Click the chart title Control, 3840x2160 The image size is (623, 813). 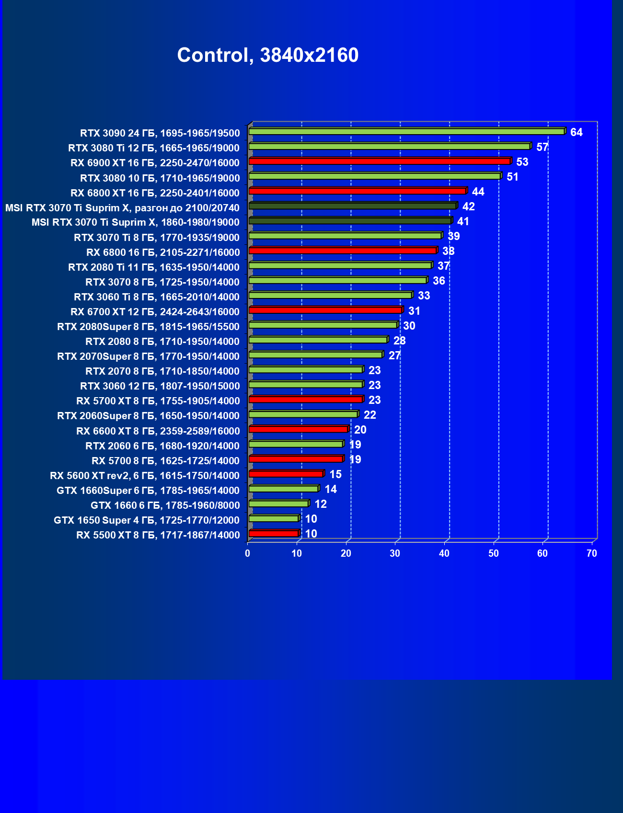coord(267,55)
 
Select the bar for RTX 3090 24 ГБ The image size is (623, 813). coord(406,131)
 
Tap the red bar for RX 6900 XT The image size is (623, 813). coord(380,161)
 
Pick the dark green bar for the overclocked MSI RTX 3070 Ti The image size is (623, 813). coord(352,206)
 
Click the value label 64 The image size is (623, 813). coord(576,132)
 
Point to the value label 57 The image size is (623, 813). coord(542,147)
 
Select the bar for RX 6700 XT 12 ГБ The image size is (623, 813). coord(325,310)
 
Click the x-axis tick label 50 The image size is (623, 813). coord(493,553)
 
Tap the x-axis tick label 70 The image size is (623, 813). coord(592,553)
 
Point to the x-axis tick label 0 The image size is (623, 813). coord(247,553)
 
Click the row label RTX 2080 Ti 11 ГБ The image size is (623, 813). coord(154,267)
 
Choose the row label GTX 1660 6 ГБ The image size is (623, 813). coord(165,505)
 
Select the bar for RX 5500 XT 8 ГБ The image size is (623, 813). coord(274,533)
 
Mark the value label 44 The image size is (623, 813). coord(478,192)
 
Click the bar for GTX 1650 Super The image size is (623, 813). coord(274,518)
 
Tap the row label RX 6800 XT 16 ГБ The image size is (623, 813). coord(155,193)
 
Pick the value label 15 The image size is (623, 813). coord(335,474)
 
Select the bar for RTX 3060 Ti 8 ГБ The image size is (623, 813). coord(330,295)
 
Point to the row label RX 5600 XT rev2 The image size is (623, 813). coord(145,475)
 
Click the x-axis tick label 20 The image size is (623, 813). coord(346,553)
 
